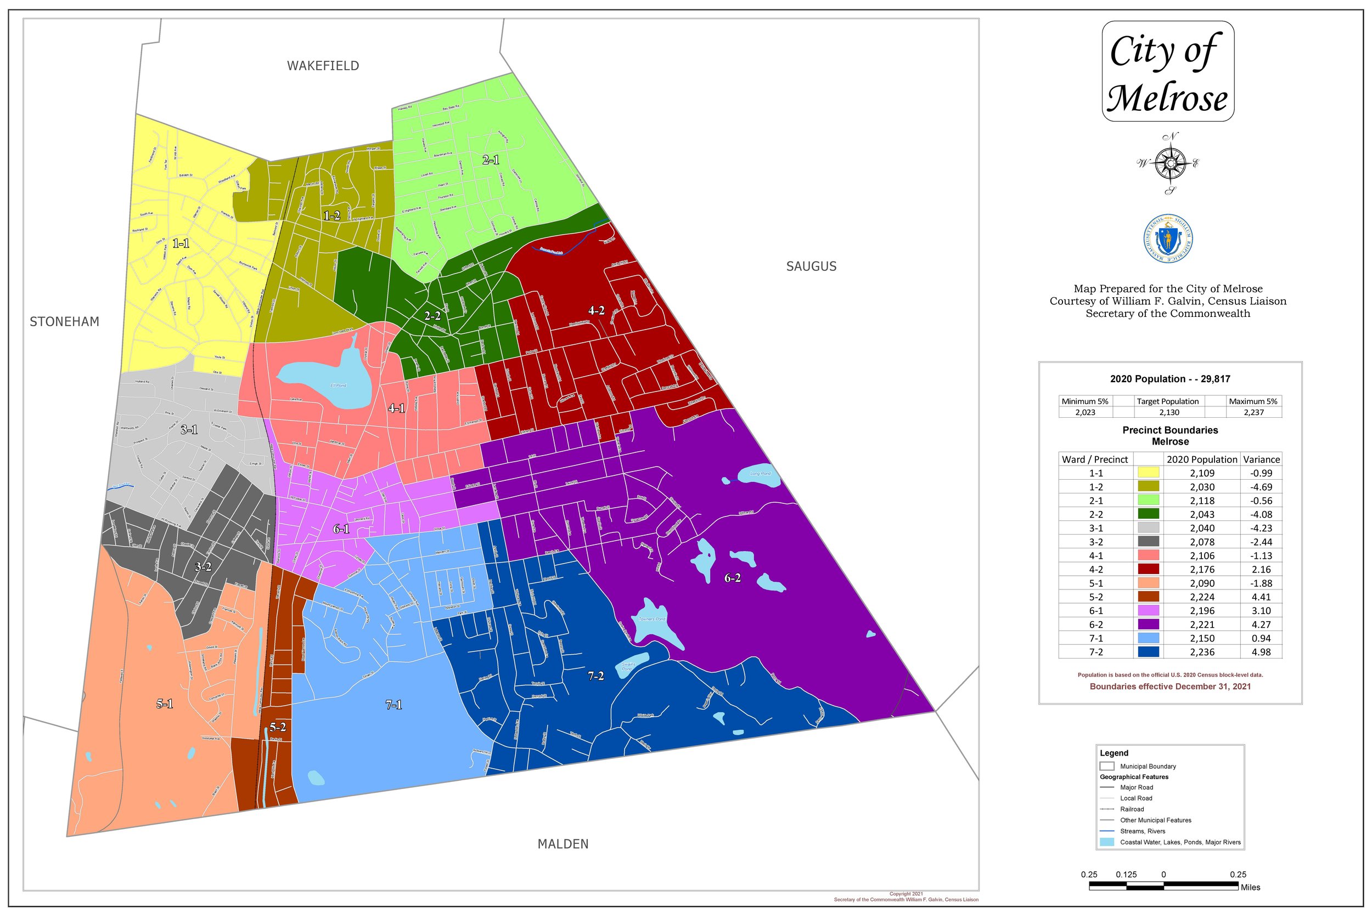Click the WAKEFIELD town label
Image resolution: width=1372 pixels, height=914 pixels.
(323, 66)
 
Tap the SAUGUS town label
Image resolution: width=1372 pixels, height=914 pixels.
(811, 266)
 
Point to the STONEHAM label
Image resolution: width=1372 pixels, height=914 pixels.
(64, 322)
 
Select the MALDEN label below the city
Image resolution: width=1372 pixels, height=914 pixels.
(563, 844)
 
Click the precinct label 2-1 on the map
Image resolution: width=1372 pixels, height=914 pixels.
(491, 160)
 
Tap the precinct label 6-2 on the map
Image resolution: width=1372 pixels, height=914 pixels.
(732, 578)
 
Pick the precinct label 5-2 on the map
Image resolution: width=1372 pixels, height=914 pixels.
(278, 727)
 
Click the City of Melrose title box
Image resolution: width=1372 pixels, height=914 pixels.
(1167, 71)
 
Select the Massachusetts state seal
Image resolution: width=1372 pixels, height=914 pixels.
(1168, 239)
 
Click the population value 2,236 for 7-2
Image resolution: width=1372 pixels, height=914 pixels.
(1202, 652)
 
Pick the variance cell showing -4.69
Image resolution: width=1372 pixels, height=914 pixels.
(1261, 487)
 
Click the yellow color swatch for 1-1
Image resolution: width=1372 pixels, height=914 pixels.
(1148, 473)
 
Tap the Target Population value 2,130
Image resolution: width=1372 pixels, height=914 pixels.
(1169, 412)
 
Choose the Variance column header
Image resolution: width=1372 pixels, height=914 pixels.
(1261, 459)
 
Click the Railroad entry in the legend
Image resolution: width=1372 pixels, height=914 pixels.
(1132, 809)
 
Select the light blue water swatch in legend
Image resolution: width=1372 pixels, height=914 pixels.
(1106, 842)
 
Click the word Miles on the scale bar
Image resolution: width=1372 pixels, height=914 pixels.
(1250, 887)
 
